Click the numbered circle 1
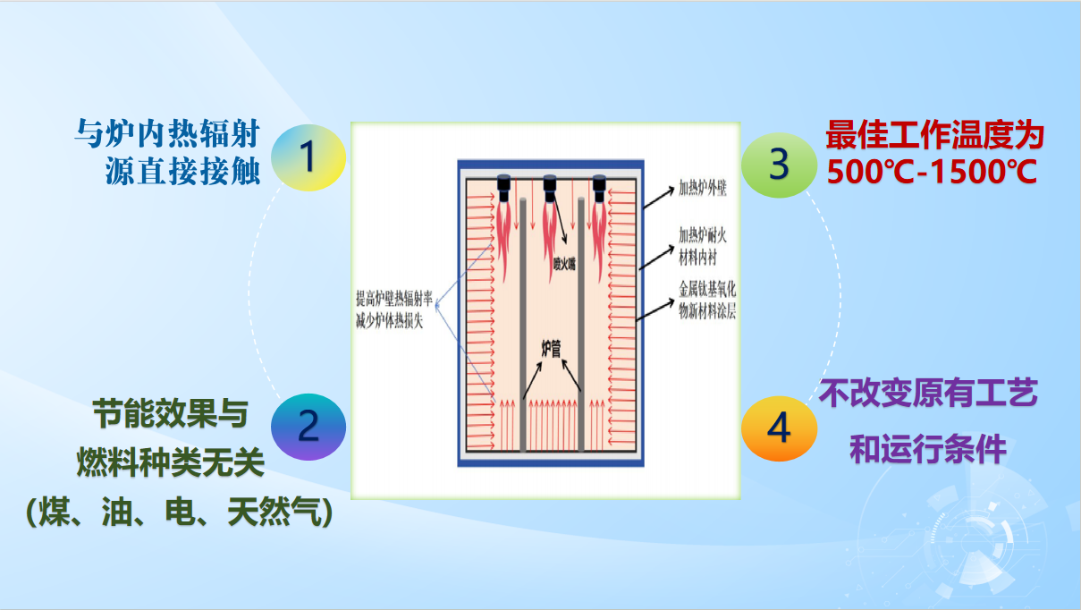(x=308, y=157)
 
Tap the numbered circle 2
(x=308, y=427)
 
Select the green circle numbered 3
(x=779, y=165)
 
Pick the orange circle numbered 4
(x=779, y=428)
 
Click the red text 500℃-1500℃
(x=932, y=172)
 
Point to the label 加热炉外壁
(x=703, y=188)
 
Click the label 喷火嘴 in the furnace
(x=564, y=264)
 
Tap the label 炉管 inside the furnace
(x=551, y=349)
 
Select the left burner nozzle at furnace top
(x=503, y=188)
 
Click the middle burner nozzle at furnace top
(x=550, y=188)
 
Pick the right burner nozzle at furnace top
(x=599, y=188)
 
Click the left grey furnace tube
(x=523, y=325)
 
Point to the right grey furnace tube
(x=581, y=325)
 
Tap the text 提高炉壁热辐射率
(x=394, y=299)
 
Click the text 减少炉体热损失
(x=390, y=321)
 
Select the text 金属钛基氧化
(x=707, y=289)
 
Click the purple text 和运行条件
(x=928, y=449)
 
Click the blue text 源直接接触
(x=183, y=171)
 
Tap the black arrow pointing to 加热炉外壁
(x=659, y=198)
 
